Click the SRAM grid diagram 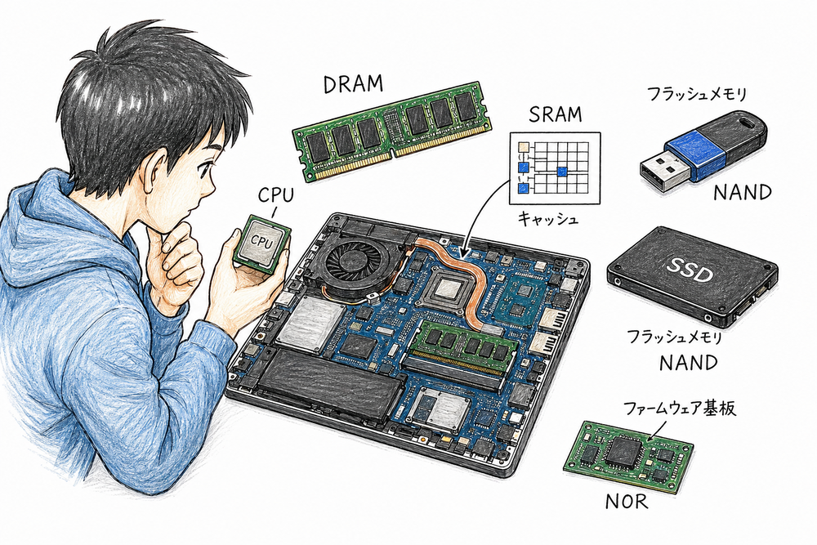pos(555,168)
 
